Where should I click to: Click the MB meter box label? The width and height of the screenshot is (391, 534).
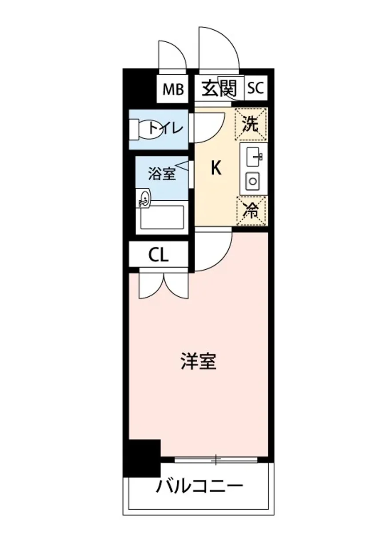pyautogui.click(x=173, y=89)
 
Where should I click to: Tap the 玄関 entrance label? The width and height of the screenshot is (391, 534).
pyautogui.click(x=219, y=89)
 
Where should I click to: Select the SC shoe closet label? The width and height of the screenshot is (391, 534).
pyautogui.click(x=255, y=89)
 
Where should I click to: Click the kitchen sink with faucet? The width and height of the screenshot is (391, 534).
pyautogui.click(x=253, y=156)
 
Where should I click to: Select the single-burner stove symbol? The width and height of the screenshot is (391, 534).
pyautogui.click(x=253, y=181)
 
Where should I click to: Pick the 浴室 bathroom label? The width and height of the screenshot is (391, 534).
pyautogui.click(x=162, y=174)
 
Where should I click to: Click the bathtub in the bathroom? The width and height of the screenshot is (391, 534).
pyautogui.click(x=162, y=217)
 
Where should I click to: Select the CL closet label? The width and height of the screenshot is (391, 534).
pyautogui.click(x=158, y=255)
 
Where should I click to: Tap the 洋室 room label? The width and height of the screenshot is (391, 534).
pyautogui.click(x=199, y=362)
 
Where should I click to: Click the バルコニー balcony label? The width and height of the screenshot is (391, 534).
pyautogui.click(x=199, y=486)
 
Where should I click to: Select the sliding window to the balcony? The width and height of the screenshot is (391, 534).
pyautogui.click(x=216, y=459)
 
